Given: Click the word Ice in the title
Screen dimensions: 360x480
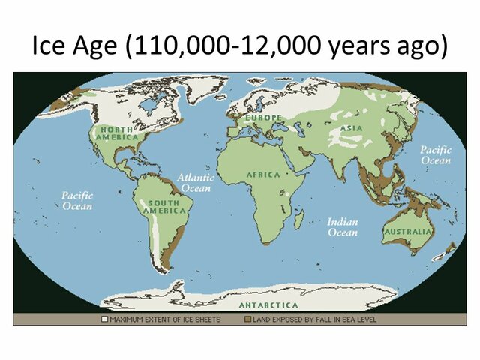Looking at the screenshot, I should point(52,46).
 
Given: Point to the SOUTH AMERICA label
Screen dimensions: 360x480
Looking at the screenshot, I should point(164,207).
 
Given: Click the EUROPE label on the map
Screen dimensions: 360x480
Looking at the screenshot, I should point(262,118).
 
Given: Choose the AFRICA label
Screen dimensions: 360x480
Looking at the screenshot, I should point(263,175).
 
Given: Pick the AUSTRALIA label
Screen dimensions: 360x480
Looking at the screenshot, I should point(408,232).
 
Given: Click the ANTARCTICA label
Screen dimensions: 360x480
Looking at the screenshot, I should point(268,305).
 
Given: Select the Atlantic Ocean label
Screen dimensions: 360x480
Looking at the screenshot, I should point(196,183).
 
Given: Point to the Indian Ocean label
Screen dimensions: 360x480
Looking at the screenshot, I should point(342,227).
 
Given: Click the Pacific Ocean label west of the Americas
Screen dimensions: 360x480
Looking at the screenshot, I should point(76,200).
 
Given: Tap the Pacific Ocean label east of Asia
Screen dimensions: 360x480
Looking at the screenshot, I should point(435,155).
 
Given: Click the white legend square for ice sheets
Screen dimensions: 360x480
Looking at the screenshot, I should point(105,319).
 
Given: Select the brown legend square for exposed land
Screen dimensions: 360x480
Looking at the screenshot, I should point(247,319).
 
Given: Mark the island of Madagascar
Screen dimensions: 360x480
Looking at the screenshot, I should point(299,218).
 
